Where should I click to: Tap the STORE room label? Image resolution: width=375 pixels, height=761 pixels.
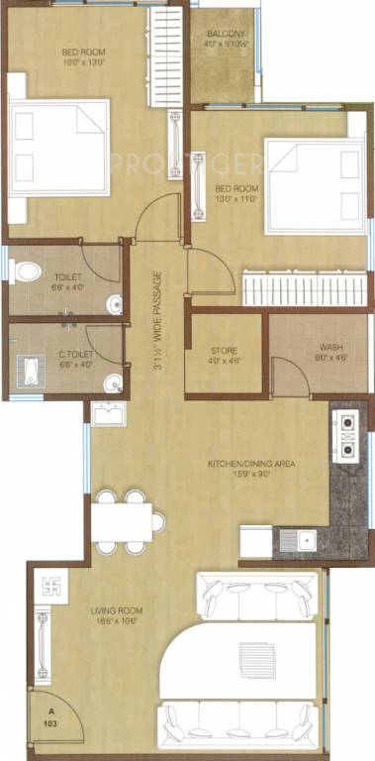[x=224, y=350]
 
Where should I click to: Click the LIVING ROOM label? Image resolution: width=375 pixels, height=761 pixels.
[x=117, y=611]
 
